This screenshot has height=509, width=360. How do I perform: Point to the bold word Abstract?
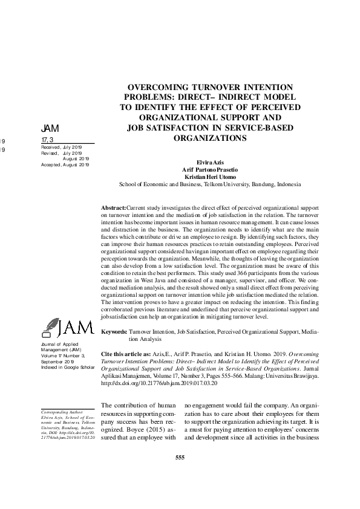[x=113, y=207]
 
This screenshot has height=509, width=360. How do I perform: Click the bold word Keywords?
[x=114, y=332]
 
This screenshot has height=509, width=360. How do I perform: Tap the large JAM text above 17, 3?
[x=50, y=129]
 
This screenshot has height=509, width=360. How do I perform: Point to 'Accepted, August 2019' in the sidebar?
[x=65, y=164]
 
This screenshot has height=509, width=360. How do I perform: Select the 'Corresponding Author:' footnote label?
[x=58, y=411]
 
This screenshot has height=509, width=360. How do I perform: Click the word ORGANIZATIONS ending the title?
[x=209, y=137]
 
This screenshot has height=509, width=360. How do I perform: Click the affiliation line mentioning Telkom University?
[x=209, y=184]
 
